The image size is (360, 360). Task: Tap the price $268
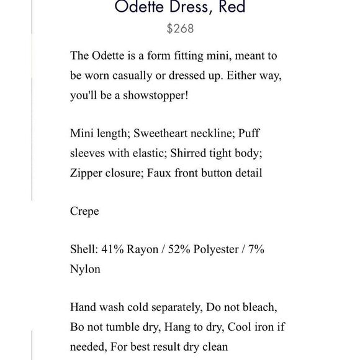(180, 29)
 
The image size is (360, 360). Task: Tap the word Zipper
(86, 173)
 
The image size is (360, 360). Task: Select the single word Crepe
(84, 212)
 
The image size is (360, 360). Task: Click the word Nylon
(85, 270)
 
